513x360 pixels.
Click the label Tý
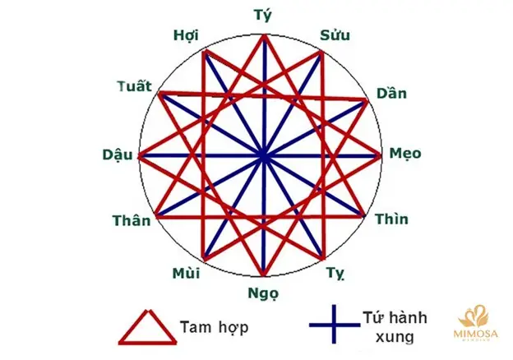tap(263, 15)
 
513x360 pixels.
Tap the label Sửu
tap(335, 35)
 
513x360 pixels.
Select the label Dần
tap(391, 93)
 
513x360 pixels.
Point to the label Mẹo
tap(405, 154)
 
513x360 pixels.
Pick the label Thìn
tap(391, 219)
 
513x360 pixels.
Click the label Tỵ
tap(335, 273)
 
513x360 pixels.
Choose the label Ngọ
tap(263, 293)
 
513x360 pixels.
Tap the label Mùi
tap(186, 273)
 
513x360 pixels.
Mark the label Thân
tap(132, 220)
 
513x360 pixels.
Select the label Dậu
tap(118, 155)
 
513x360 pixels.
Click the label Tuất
tap(135, 86)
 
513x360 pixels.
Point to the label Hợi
tap(186, 35)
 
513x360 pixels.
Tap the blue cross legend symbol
tap(334, 325)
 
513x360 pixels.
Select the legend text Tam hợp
tap(215, 327)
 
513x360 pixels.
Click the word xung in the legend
tap(395, 337)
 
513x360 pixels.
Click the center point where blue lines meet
tap(264, 156)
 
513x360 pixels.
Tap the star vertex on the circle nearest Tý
tap(264, 35)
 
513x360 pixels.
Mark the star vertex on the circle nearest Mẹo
tap(380, 155)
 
